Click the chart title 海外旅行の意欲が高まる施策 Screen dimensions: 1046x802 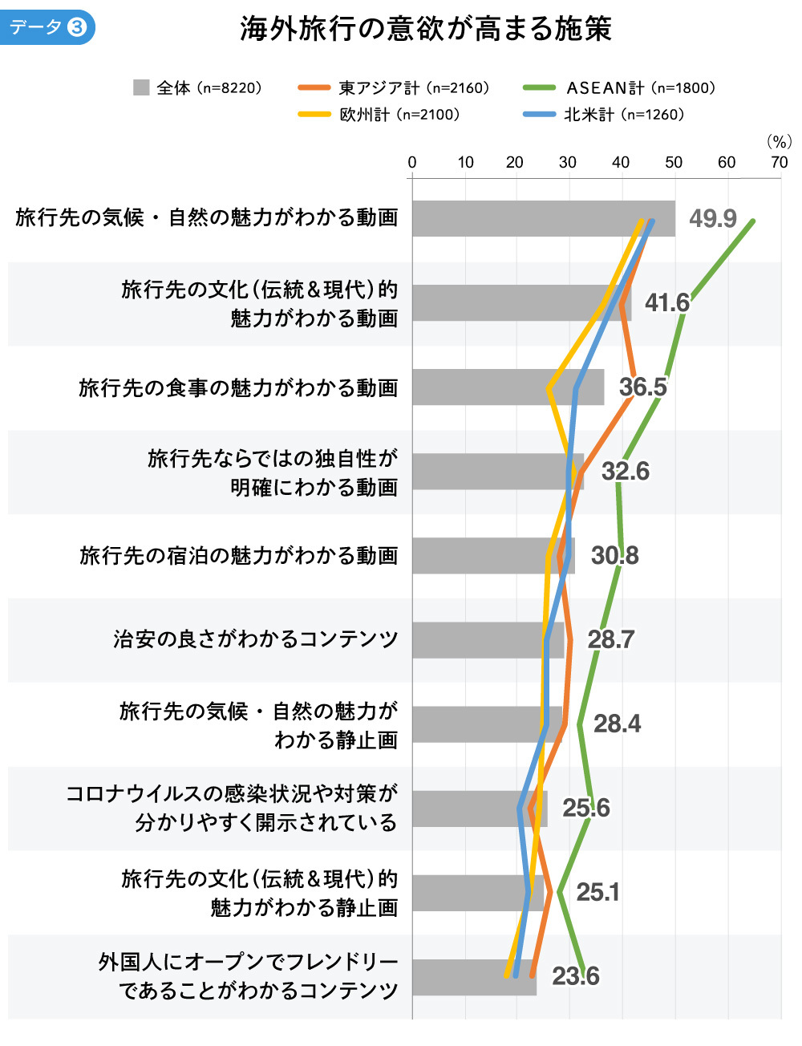(425, 30)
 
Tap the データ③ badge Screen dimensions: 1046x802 (47, 27)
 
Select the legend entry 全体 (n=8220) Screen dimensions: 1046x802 (198, 88)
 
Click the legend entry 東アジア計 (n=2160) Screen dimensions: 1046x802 (393, 88)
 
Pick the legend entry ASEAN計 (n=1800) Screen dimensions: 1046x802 (618, 88)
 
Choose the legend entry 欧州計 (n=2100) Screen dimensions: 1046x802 (379, 115)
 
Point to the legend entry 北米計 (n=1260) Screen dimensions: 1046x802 (604, 115)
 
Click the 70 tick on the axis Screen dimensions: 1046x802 (779, 163)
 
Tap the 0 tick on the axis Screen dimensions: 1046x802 (412, 163)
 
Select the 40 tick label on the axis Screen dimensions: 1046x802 (621, 163)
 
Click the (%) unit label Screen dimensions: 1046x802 (779, 142)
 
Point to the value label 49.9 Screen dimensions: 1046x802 (712, 218)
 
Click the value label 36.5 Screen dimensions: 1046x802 (642, 387)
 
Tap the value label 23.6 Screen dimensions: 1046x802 (575, 976)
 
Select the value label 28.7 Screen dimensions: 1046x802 (610, 639)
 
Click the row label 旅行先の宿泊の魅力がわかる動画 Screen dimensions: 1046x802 (238, 556)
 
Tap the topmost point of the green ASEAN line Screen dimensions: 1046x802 (752, 220)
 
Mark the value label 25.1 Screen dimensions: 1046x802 (597, 892)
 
